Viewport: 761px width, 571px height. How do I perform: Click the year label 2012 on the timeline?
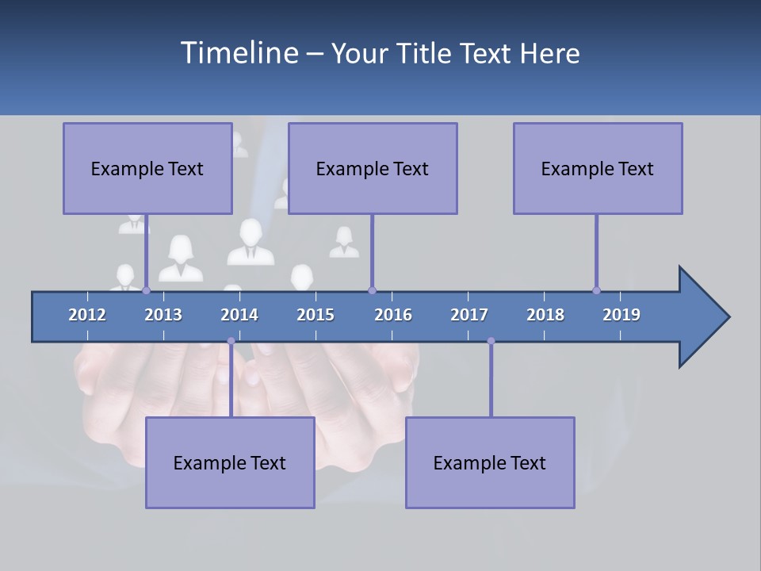pos(87,315)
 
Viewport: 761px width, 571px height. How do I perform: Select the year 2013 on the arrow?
pos(163,315)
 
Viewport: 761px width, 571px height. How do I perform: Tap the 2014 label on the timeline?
pos(239,315)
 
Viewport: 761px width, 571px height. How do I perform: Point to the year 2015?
pos(315,315)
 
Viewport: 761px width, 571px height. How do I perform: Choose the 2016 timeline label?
pos(393,315)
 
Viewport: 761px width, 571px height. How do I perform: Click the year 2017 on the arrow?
pos(469,315)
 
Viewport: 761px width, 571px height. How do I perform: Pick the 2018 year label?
pos(545,315)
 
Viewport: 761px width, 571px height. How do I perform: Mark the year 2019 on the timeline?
pos(621,315)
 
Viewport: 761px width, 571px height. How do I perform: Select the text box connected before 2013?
pos(147,168)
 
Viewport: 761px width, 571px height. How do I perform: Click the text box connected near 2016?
pos(373,168)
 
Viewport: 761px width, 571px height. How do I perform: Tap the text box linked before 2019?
pos(598,168)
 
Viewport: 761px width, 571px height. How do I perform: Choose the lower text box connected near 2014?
pos(230,462)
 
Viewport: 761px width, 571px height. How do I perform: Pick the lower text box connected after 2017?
pos(490,462)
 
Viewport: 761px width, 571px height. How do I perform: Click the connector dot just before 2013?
pos(146,290)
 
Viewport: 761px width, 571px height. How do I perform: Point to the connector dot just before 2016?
pos(372,290)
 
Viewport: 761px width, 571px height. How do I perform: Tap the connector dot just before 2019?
pos(596,290)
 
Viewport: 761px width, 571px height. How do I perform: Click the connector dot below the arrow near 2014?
pos(231,341)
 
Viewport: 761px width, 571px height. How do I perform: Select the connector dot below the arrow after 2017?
pos(491,341)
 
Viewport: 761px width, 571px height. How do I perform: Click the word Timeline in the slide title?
pos(239,53)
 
